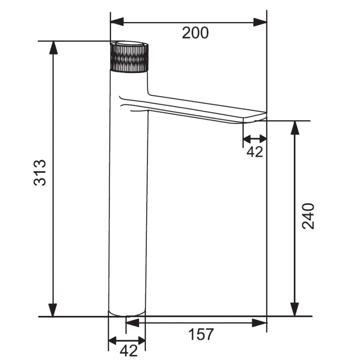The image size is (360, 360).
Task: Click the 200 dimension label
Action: (195, 33)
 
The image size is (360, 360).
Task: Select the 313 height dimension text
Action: (41, 172)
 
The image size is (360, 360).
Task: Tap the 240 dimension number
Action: (308, 216)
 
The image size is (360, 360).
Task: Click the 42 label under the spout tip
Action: (255, 152)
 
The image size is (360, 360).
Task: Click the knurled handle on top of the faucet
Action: (129, 57)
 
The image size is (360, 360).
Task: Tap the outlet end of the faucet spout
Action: (254, 119)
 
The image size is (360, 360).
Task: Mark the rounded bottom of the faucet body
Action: (127, 312)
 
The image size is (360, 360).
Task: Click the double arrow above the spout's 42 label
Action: (255, 139)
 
